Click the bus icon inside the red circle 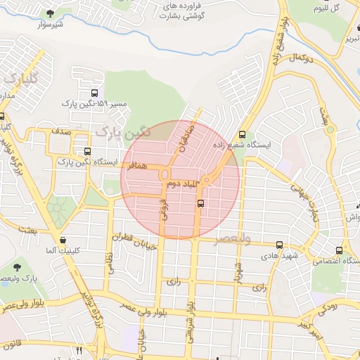click(201, 204)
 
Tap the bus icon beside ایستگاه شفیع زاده click(243, 136)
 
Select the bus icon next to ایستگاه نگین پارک click(87, 152)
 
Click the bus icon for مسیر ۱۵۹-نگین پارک click(95, 93)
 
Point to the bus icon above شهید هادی click(280, 245)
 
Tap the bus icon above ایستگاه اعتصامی click(340, 251)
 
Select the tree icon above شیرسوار click(49, 13)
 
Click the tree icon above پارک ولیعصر click(17, 267)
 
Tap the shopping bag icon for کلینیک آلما click(64, 240)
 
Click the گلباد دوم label click(181, 184)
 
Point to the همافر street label click(139, 165)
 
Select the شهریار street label click(240, 270)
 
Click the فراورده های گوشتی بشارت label click(181, 10)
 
